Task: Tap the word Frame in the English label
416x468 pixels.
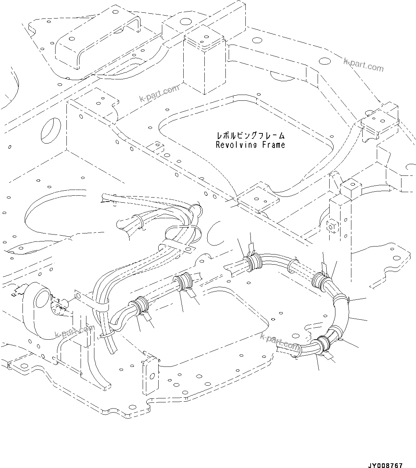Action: [x=272, y=145]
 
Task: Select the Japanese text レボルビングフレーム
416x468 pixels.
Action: [x=250, y=136]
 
